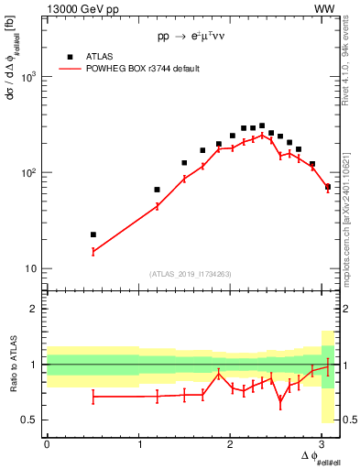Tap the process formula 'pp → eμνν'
(191, 38)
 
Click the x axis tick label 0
(47, 444)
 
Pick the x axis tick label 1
(138, 444)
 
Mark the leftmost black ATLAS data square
(93, 234)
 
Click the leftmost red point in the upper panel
(93, 251)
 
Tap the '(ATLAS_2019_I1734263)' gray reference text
(191, 273)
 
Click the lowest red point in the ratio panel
(280, 399)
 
